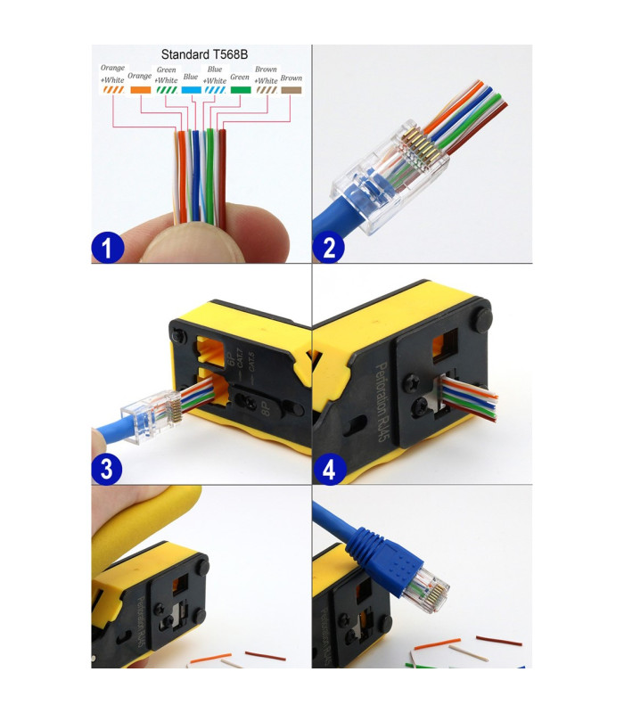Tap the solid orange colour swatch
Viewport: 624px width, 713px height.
[140, 90]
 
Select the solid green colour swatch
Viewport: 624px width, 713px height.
[240, 90]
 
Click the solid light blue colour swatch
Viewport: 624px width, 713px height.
[190, 90]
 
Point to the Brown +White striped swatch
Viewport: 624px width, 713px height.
[266, 90]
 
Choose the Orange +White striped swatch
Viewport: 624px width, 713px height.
[112, 90]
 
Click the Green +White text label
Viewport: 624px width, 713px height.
[166, 75]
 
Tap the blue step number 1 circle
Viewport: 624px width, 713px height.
[108, 247]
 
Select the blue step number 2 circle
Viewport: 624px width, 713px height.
[329, 247]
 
